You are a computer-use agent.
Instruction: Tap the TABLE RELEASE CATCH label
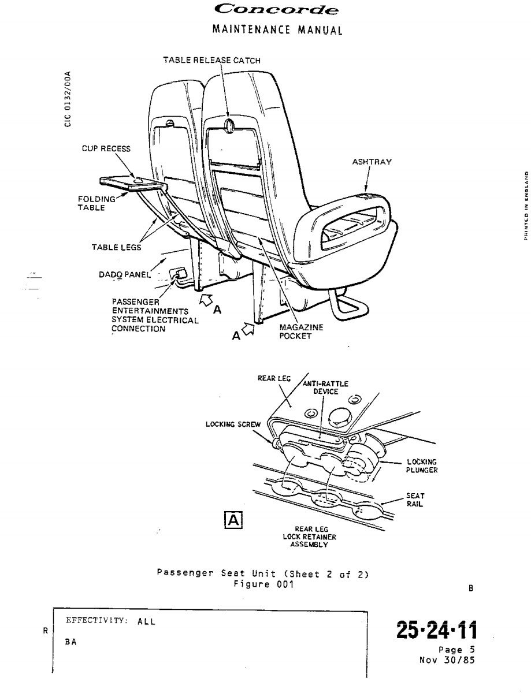click(211, 60)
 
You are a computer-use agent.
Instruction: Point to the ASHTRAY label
click(372, 162)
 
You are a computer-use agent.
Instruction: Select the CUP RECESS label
click(106, 148)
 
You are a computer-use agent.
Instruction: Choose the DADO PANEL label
click(124, 275)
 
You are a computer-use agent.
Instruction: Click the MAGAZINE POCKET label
click(301, 331)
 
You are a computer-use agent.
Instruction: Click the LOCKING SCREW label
click(233, 424)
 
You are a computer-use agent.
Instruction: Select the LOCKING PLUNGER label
click(422, 466)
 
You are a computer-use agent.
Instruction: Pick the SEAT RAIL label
click(415, 500)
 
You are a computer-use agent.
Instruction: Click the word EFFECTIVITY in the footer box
click(96, 621)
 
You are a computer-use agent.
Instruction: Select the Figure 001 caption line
click(263, 584)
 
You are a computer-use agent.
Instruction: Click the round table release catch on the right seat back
click(229, 124)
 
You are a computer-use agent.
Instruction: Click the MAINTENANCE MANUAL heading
click(277, 29)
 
